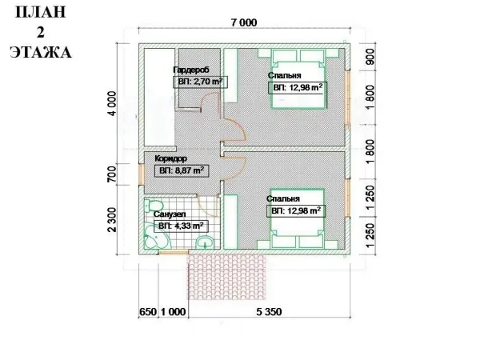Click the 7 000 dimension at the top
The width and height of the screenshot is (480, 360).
pyautogui.click(x=244, y=22)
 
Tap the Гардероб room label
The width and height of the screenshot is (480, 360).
pyautogui.click(x=191, y=70)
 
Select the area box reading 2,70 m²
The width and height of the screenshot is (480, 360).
pyautogui.click(x=200, y=82)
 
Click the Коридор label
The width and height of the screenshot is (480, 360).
pyautogui.click(x=170, y=158)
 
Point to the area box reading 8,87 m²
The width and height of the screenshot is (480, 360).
pyautogui.click(x=182, y=170)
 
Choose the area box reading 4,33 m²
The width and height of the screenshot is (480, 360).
pyautogui.click(x=181, y=226)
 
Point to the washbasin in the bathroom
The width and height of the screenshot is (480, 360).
pyautogui.click(x=205, y=242)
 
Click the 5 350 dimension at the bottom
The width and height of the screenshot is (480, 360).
pyautogui.click(x=269, y=312)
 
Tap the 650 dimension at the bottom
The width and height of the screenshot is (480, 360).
pyautogui.click(x=148, y=312)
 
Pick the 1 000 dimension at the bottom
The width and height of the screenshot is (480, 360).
pyautogui.click(x=173, y=312)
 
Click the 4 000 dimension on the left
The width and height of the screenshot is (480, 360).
pyautogui.click(x=112, y=103)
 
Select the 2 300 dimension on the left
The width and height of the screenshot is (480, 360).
pyautogui.click(x=112, y=220)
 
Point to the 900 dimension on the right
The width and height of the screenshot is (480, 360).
pyautogui.click(x=370, y=57)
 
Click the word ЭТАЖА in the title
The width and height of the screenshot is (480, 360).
pyautogui.click(x=41, y=52)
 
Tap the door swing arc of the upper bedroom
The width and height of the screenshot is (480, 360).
pyautogui.click(x=237, y=127)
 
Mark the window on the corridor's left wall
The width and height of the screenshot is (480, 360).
pyautogui.click(x=141, y=175)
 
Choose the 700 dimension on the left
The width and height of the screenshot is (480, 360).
pyautogui.click(x=112, y=174)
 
